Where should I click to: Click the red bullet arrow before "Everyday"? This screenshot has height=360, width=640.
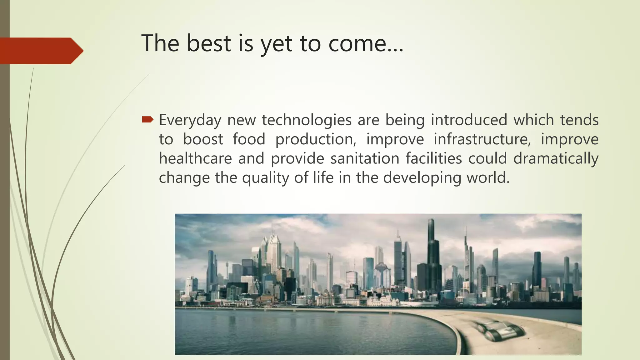tap(147, 119)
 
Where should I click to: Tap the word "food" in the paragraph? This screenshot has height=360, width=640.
tap(249, 139)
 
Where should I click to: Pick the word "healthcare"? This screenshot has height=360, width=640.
tap(195, 158)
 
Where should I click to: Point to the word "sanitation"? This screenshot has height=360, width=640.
tap(365, 158)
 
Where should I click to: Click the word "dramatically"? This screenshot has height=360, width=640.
tap(556, 158)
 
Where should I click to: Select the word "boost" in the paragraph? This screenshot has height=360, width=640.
tap(203, 139)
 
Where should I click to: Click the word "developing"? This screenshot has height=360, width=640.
tap(422, 178)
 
